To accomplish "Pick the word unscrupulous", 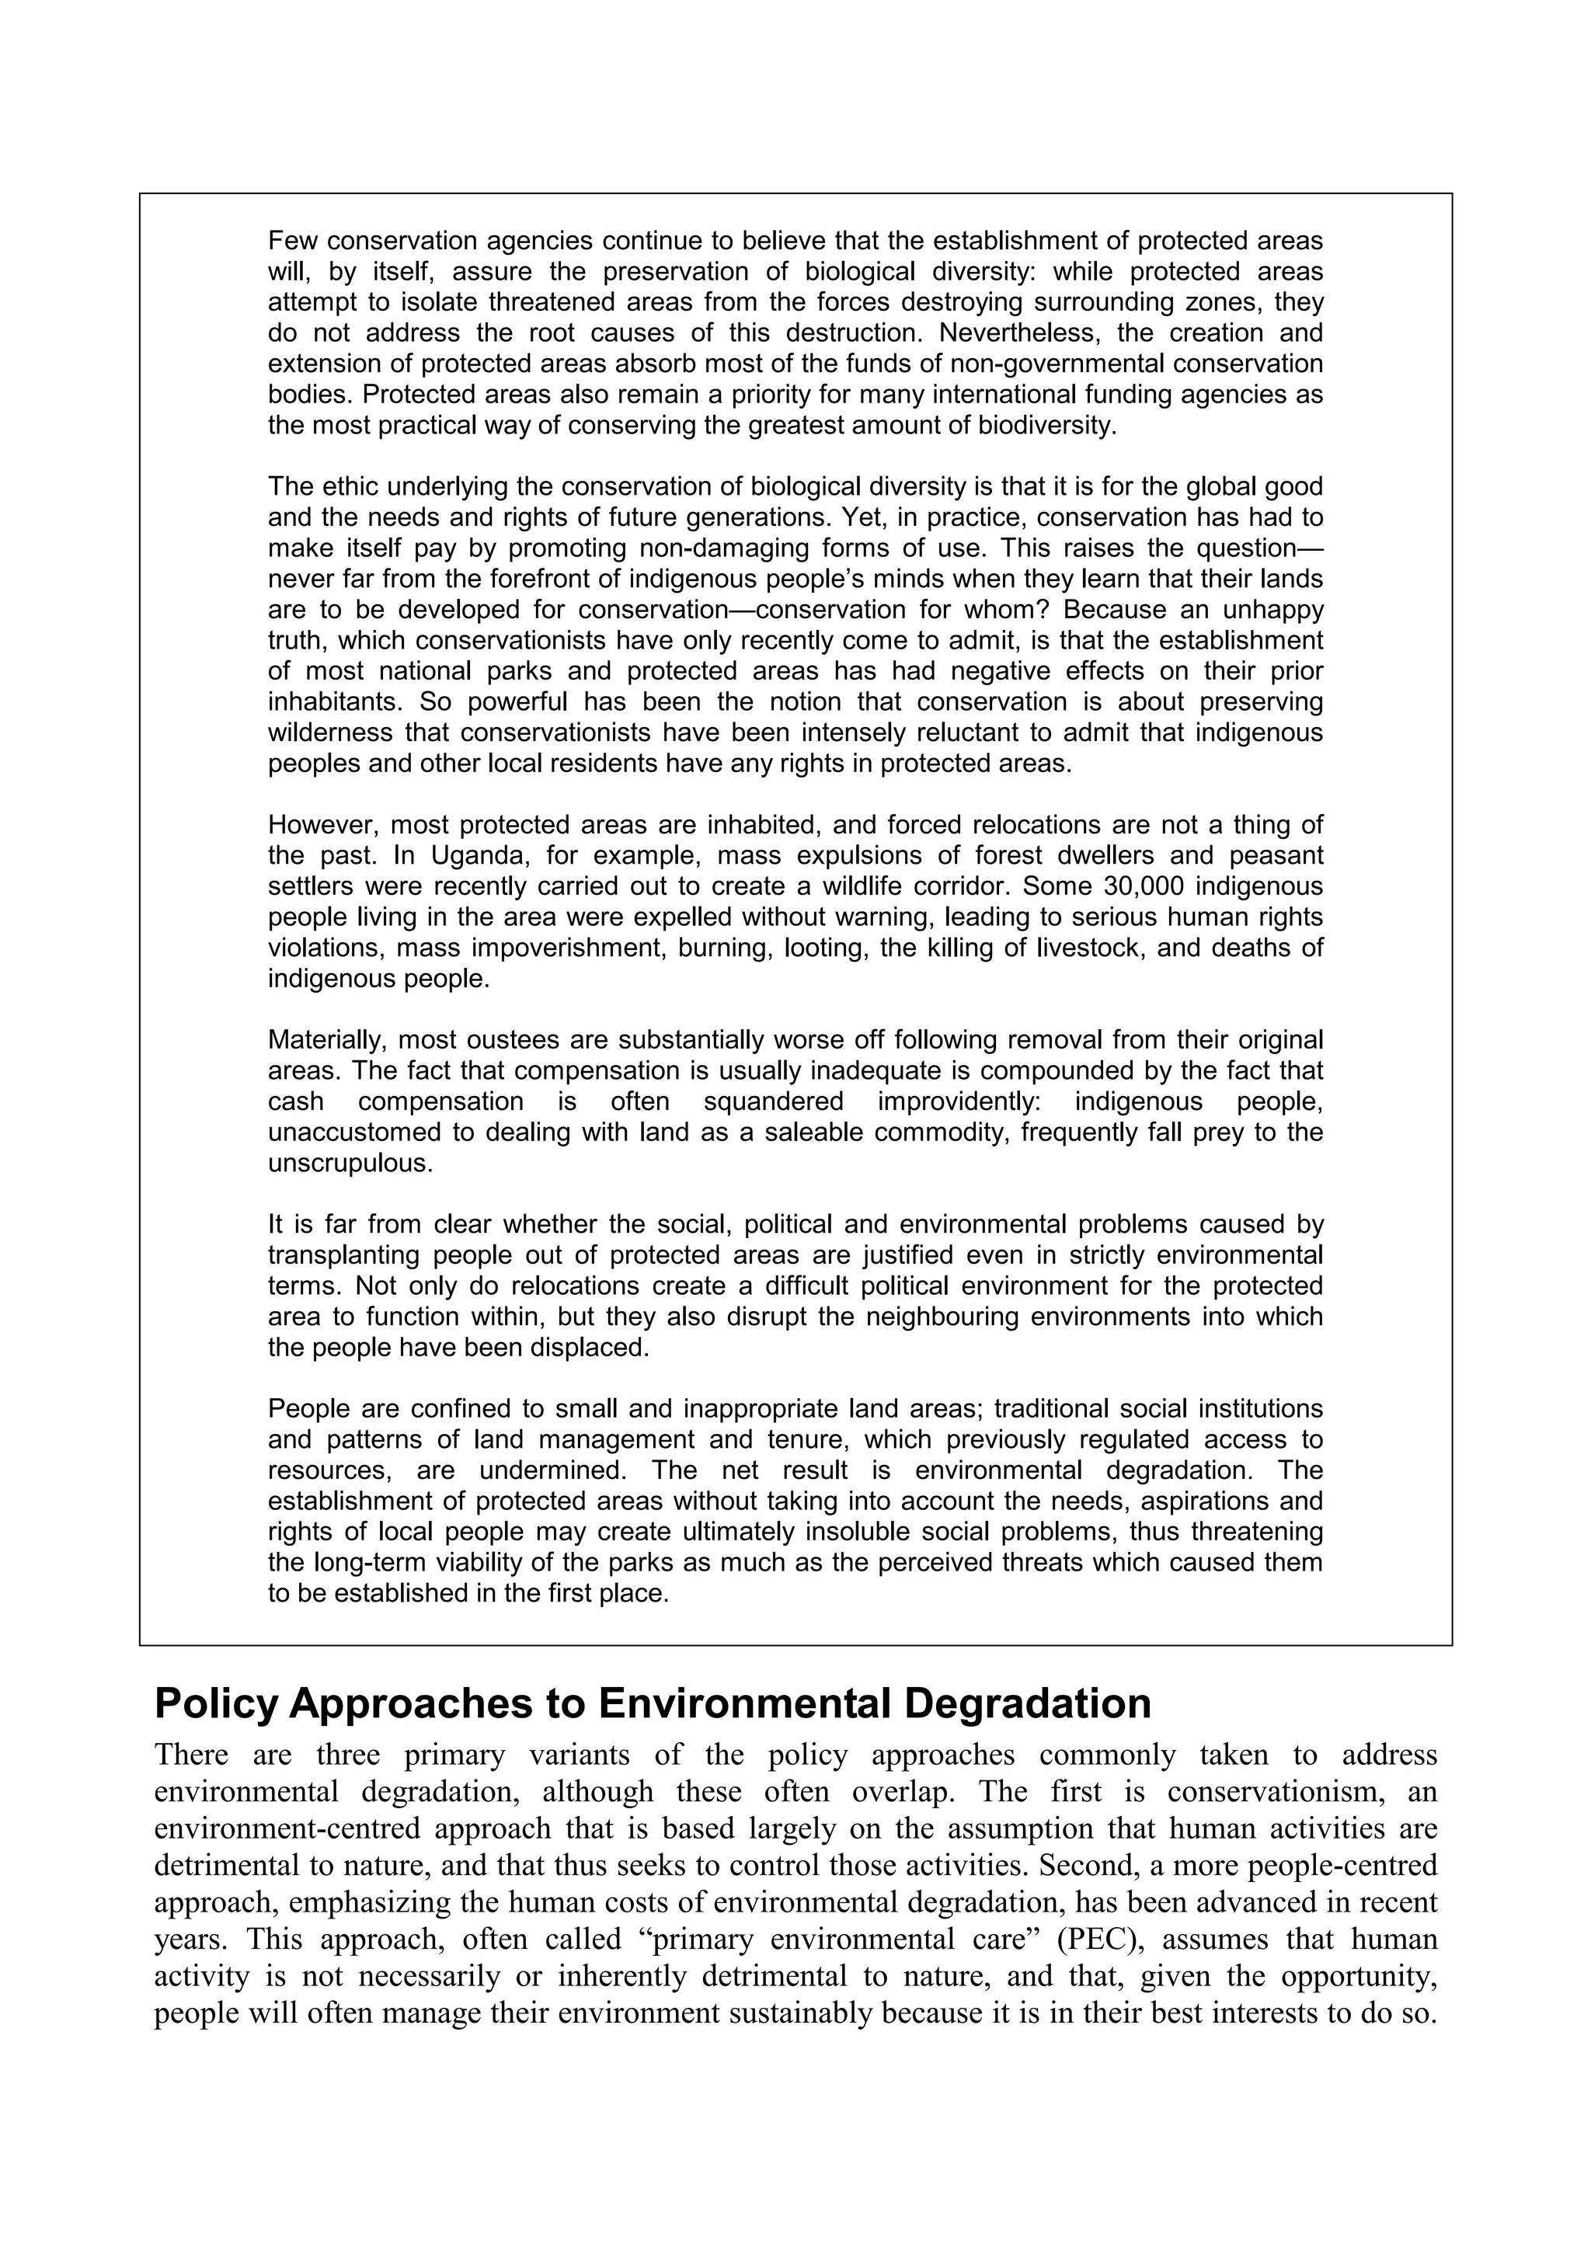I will [349, 1164].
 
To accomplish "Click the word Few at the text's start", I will [289, 240].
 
